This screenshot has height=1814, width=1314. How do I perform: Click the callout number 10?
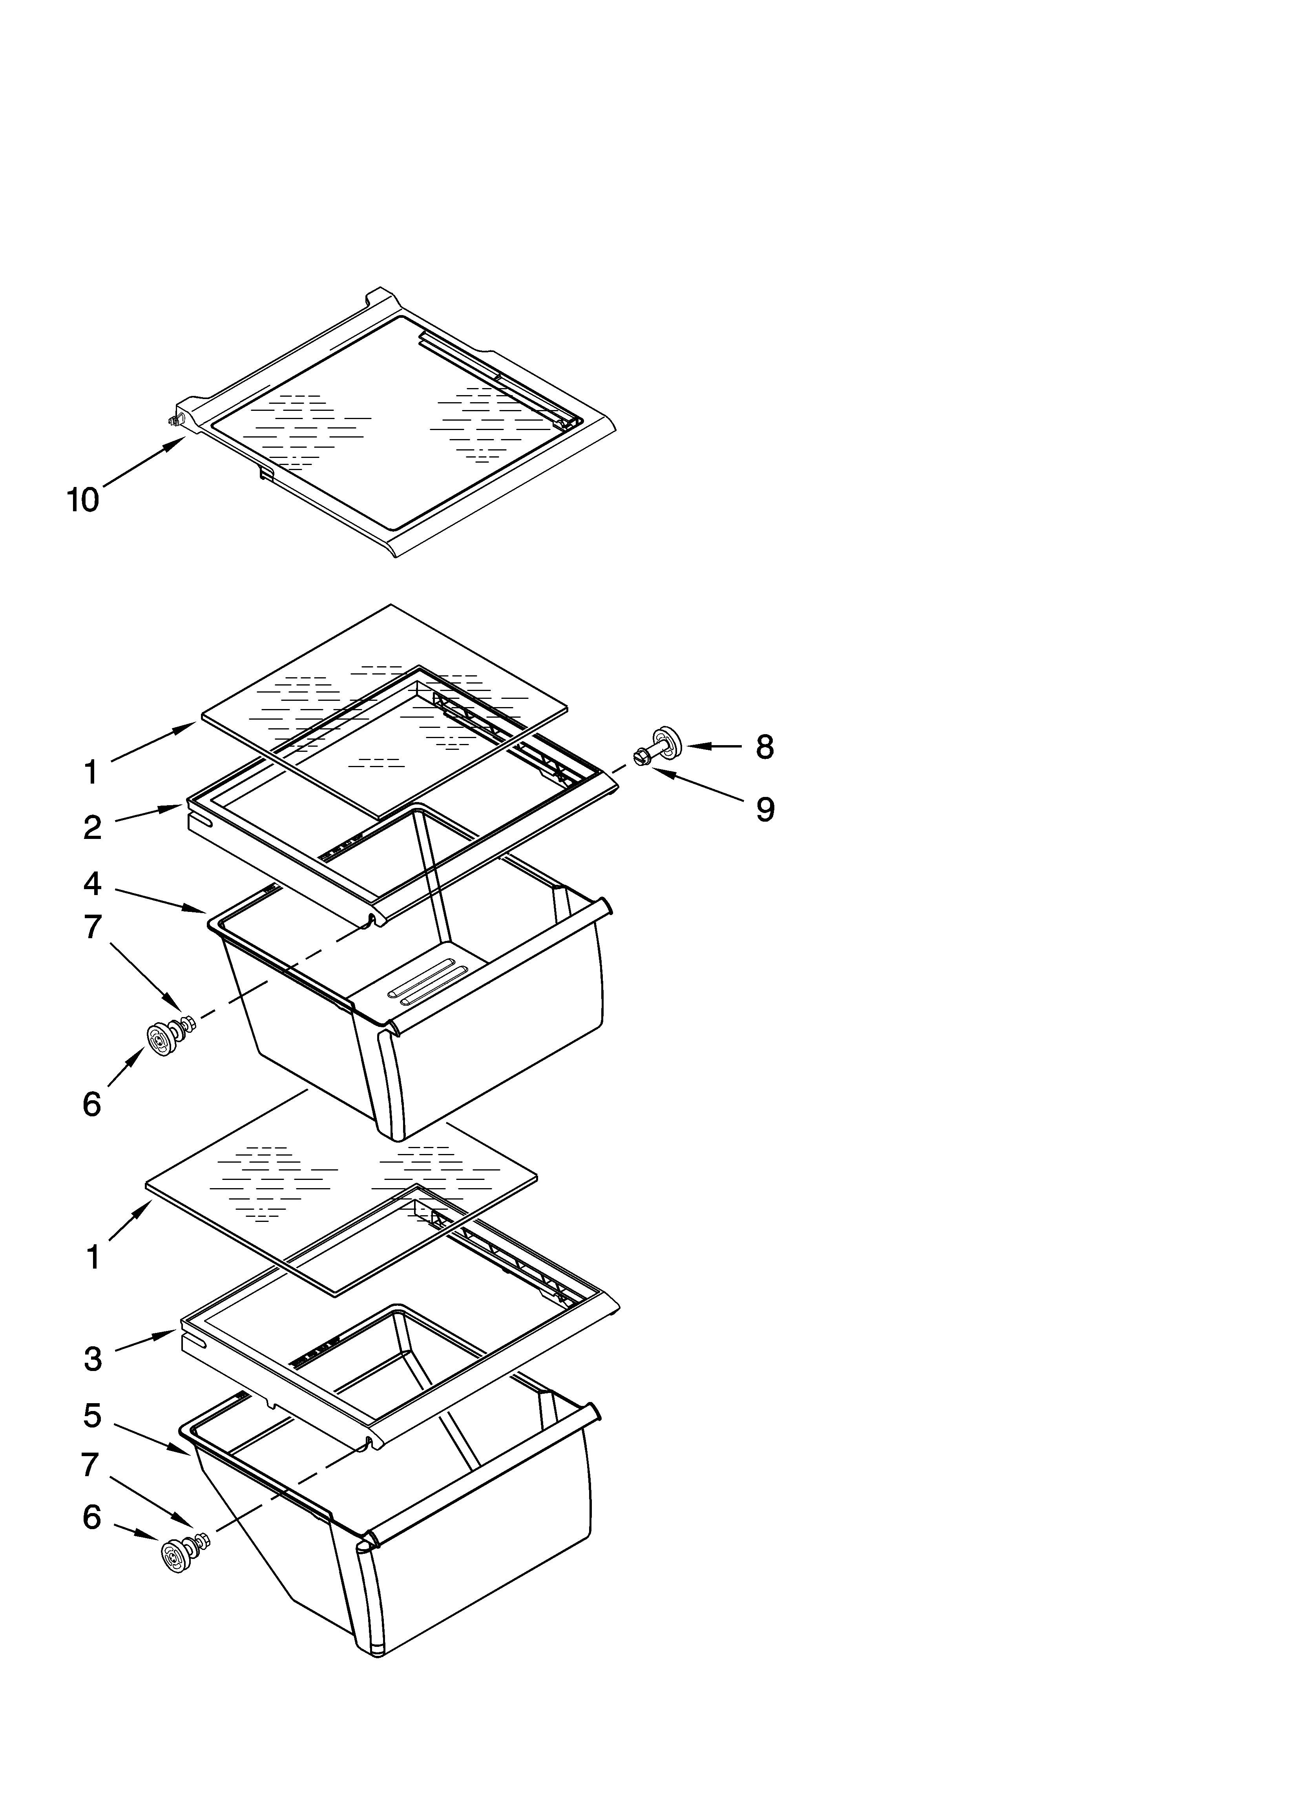coord(82,501)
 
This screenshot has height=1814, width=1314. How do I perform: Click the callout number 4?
coord(93,884)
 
